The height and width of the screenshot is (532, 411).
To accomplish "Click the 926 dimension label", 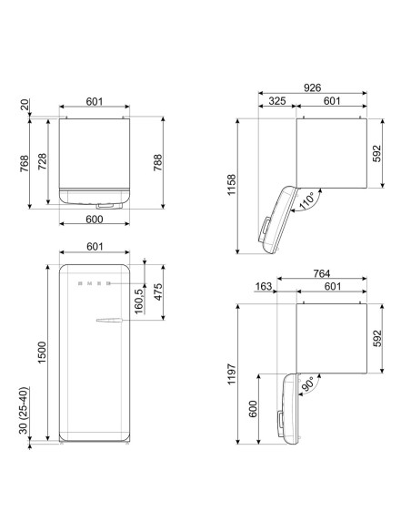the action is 312,87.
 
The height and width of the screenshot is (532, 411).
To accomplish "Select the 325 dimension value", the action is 277,101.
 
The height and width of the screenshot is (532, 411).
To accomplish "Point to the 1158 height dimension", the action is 232,185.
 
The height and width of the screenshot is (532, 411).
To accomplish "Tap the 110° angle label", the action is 307,199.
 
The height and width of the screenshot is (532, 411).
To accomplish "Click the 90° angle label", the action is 308,384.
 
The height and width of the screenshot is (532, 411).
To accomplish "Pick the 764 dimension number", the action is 322,273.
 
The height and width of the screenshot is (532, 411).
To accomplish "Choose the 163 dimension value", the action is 264,286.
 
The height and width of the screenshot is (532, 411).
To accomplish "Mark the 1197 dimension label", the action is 232,373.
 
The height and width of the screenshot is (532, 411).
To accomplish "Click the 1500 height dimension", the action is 42,353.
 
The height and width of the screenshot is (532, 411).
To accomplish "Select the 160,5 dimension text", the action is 140,300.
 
